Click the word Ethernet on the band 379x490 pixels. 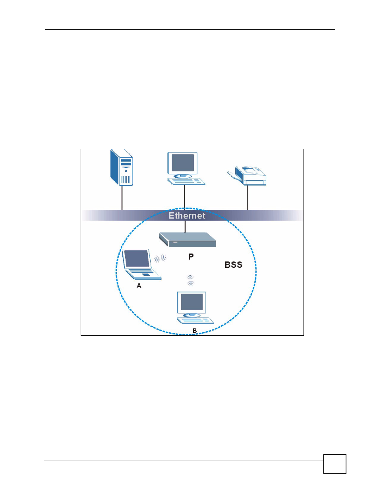point(187,215)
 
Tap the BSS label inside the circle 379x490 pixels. point(234,265)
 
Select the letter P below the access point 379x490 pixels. point(191,257)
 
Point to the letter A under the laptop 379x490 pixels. point(139,286)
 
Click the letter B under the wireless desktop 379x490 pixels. point(195,331)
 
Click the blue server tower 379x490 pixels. point(122,167)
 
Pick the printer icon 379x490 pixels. point(247,176)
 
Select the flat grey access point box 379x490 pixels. point(188,240)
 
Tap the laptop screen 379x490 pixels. point(137,258)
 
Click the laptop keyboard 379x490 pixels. point(143,273)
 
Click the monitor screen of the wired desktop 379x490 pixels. point(183,163)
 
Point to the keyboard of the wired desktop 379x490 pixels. point(186,182)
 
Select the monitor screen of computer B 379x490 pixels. point(191,302)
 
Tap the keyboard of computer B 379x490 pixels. point(195,321)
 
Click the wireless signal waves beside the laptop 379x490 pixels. point(160,258)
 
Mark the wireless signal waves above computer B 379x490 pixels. point(191,280)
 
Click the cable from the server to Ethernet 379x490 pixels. point(122,198)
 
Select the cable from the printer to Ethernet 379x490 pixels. point(248,198)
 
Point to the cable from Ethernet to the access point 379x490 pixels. point(185,227)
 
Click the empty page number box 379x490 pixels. point(335,464)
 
